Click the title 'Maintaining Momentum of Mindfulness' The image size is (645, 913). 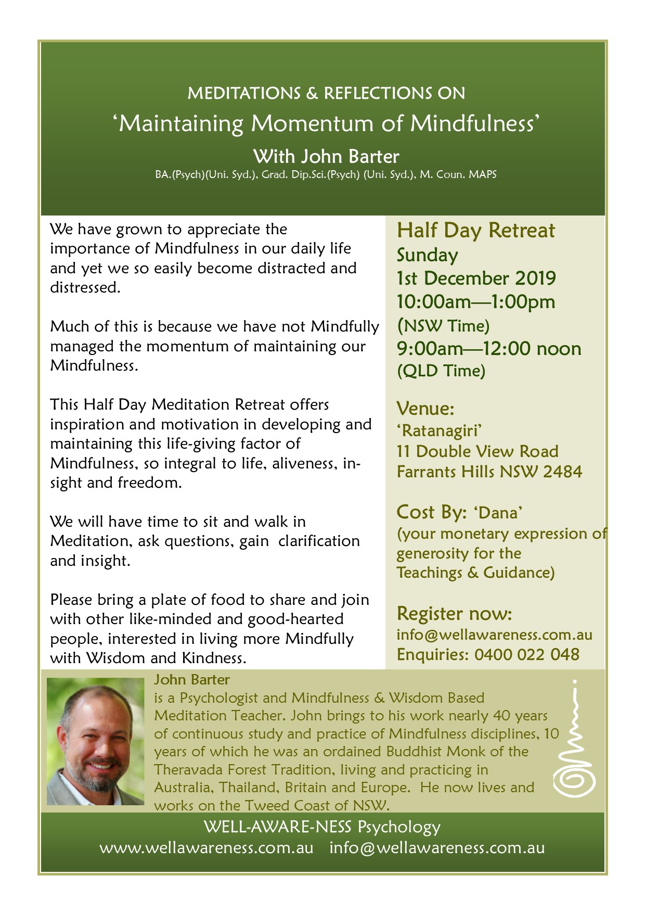326,124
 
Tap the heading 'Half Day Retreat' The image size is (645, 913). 476,231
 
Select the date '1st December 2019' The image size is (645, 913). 476,278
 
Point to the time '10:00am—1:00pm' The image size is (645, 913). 476,302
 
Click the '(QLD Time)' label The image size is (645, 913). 441,371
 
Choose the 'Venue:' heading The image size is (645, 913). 425,408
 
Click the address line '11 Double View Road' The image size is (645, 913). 478,451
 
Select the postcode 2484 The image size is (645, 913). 562,472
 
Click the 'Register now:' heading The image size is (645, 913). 454,614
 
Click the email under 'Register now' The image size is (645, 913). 494,635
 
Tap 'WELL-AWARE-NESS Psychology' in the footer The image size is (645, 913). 322,827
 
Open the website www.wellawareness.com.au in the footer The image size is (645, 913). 207,848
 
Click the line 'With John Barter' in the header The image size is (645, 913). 326,157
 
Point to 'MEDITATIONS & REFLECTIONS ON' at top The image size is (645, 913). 326,94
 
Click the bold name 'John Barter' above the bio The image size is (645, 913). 191,680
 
